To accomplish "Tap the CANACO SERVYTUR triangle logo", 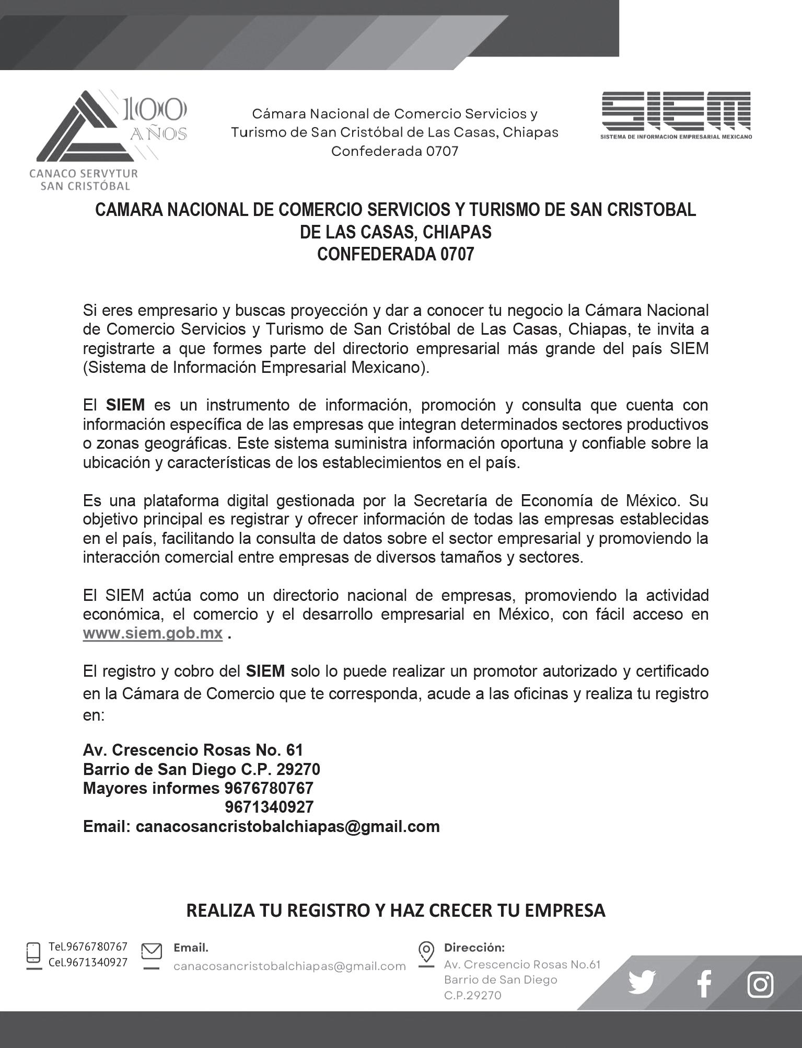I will click(78, 128).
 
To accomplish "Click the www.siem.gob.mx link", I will click(153, 633).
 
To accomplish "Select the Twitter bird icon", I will click(642, 983).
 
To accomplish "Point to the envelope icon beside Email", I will click(152, 951).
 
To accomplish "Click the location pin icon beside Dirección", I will click(426, 951).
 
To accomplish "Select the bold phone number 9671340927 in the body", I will click(269, 807).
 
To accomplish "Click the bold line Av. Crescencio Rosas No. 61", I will click(193, 750).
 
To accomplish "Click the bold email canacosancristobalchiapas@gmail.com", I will click(287, 826).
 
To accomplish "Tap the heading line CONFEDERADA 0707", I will click(396, 254).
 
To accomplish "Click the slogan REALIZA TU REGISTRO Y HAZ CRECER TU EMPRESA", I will click(396, 910).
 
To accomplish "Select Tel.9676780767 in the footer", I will click(88, 947).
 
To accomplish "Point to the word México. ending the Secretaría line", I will click(653, 500).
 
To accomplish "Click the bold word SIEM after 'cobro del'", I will click(265, 671).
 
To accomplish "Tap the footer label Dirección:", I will click(474, 947).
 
